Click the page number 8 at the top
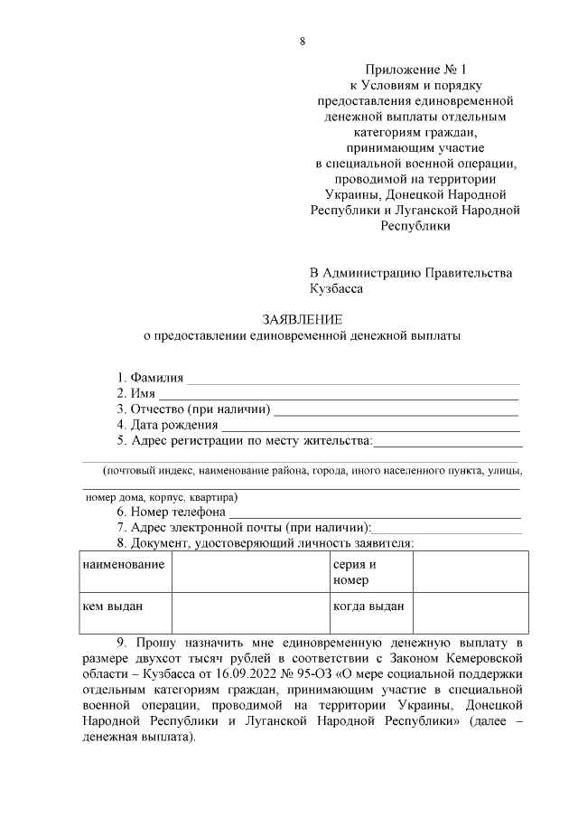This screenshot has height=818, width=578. click(x=303, y=42)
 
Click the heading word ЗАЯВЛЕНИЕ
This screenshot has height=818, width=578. click(x=303, y=320)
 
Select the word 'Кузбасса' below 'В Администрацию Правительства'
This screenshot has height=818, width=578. click(x=336, y=290)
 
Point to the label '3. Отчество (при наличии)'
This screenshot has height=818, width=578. click(x=192, y=409)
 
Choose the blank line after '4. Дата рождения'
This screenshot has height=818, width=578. click(x=370, y=426)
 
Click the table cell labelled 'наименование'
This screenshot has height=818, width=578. click(x=123, y=565)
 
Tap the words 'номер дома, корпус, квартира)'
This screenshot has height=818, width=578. click(x=162, y=497)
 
